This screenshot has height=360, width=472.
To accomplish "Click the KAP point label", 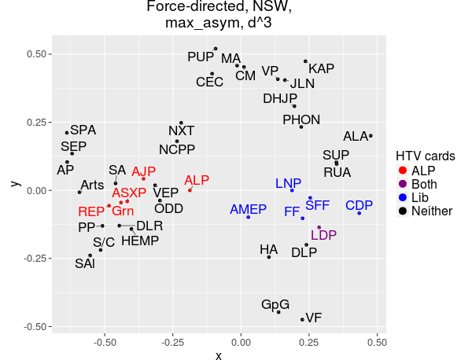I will point(321,68).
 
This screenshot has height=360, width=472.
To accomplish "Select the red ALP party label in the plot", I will point(197,180).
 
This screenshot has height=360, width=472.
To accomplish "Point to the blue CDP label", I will point(360,206).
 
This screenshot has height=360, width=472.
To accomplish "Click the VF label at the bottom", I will point(314,318).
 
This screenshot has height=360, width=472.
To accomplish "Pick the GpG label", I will point(275,304).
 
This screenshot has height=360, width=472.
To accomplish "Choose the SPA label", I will point(83,130).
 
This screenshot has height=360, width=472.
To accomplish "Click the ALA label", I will point(356,136).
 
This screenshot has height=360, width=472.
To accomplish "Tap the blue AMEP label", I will point(249,209).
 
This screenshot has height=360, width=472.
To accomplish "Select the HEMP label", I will point(140,241).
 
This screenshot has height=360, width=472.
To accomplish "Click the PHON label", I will point(301,119).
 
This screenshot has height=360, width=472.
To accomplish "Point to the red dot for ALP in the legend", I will point(403,171).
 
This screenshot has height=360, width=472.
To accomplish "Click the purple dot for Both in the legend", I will point(403,184).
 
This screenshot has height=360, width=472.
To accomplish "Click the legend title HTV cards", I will point(425,156).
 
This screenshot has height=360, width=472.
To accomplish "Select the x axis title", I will point(218,355).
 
